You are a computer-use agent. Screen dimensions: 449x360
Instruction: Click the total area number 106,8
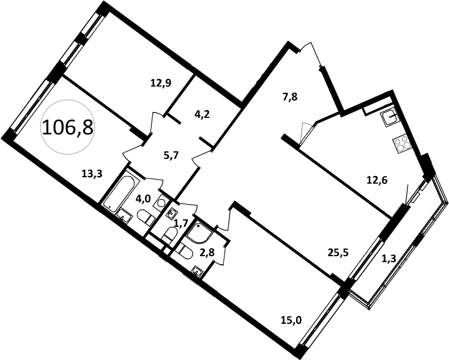(67, 127)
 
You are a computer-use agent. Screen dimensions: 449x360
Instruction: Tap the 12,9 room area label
(161, 83)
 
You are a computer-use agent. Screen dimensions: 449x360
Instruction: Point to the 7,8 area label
(290, 97)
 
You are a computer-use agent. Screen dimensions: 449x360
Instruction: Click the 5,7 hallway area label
(171, 155)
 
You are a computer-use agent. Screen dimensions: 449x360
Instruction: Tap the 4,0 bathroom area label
(143, 199)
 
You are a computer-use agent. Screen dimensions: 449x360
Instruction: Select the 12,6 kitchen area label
(377, 180)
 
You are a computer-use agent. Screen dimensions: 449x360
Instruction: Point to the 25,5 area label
(338, 252)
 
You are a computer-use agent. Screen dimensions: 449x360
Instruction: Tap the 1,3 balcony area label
(389, 259)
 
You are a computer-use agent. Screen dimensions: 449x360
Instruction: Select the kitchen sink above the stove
(390, 118)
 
